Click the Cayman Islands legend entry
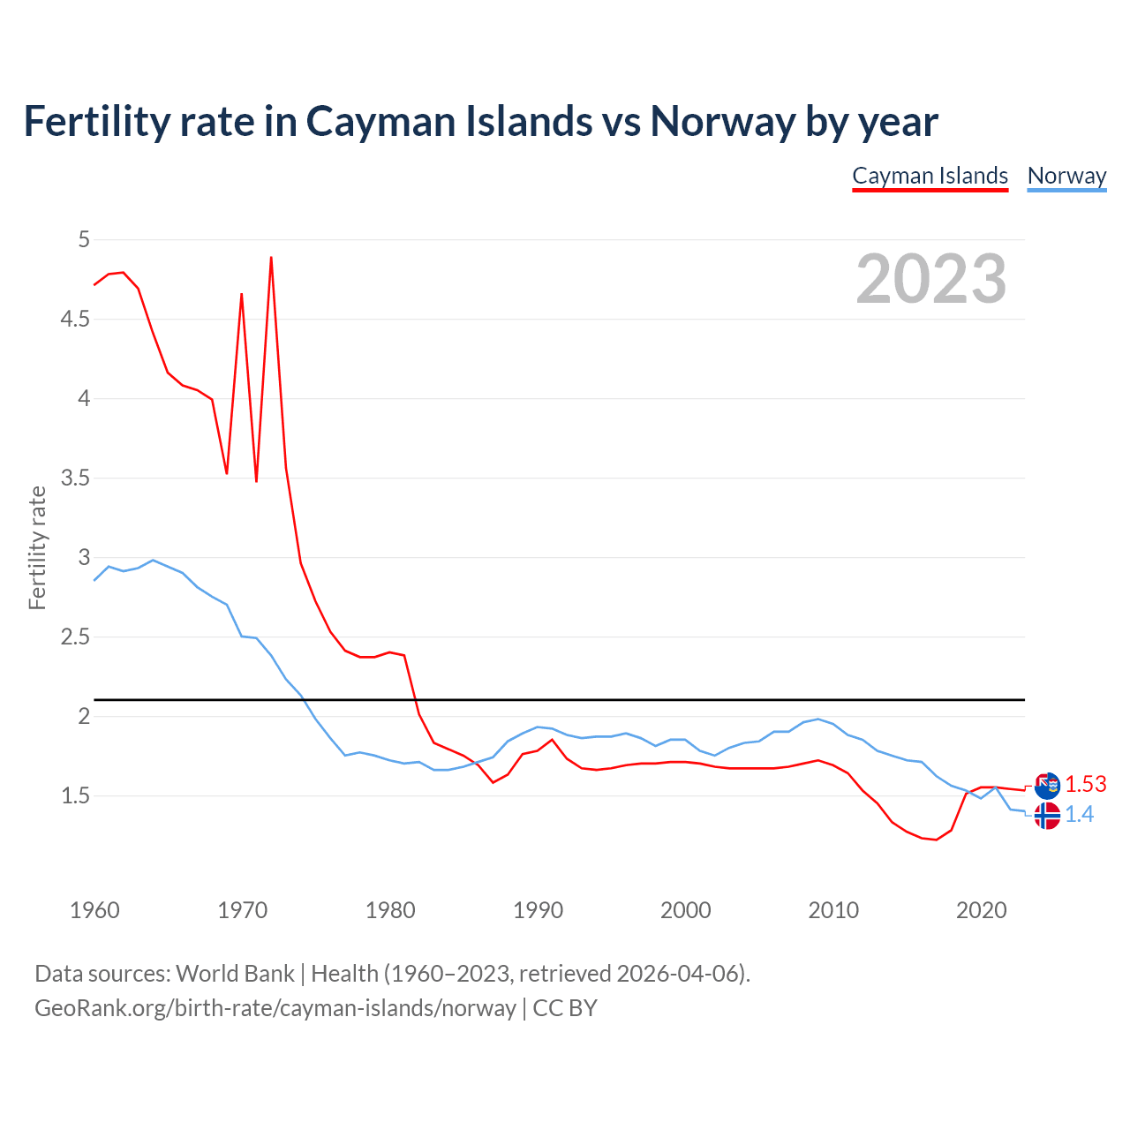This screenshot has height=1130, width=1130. point(930,176)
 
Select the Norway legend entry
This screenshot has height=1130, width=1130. point(1066,176)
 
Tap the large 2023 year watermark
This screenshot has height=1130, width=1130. point(931,279)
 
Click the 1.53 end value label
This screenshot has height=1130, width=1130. point(1085,784)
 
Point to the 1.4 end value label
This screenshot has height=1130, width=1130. point(1079,814)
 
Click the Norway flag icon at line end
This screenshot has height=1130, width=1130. point(1047,816)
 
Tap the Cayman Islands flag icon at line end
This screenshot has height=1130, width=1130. point(1047,785)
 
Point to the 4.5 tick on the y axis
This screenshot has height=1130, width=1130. point(75,319)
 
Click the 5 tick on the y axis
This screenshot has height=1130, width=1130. point(84,239)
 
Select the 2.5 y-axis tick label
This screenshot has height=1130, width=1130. point(75,637)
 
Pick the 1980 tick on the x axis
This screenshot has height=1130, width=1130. point(390,910)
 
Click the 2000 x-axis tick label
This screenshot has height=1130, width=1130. point(685,910)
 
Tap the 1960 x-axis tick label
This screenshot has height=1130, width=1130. point(94,910)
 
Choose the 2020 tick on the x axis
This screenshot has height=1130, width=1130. point(981,910)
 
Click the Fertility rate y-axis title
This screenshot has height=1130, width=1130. point(37,547)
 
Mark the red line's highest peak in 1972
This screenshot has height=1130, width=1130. point(271,258)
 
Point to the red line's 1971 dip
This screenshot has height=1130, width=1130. point(256,480)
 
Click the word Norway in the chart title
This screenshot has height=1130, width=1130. point(722,121)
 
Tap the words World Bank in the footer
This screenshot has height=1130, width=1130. point(235,973)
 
